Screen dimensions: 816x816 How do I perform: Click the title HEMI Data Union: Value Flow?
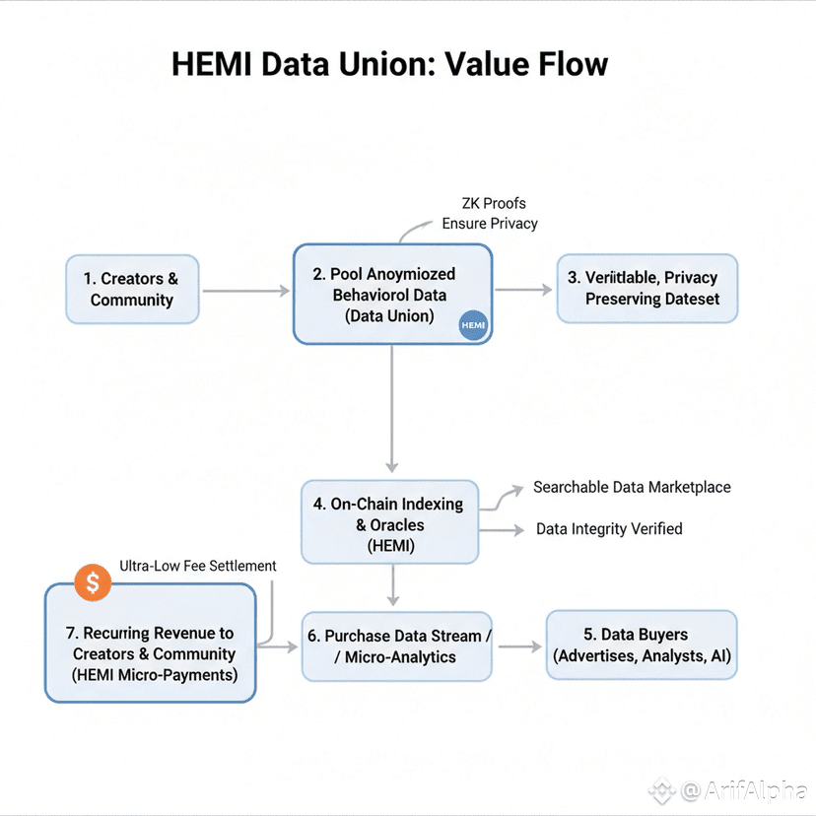coord(389,65)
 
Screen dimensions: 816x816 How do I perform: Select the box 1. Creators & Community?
coord(133,290)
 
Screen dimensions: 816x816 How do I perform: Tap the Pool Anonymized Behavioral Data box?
coord(392,294)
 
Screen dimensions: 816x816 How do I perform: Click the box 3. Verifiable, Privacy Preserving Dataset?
coord(646,288)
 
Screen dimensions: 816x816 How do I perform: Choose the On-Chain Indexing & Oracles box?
coord(389,522)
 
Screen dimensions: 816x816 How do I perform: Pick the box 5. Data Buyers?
coord(642,645)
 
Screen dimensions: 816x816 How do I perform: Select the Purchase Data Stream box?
coord(396,646)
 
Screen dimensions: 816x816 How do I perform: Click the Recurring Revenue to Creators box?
coord(151,653)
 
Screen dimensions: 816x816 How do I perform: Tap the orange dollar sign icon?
coord(93,582)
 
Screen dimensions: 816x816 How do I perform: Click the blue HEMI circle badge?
coord(474,326)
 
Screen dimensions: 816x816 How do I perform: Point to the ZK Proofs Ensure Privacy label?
coord(490,214)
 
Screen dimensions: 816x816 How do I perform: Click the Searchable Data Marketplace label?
coord(632,487)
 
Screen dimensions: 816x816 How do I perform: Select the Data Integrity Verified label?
coord(609,529)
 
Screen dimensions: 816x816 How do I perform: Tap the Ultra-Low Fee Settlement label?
coord(198,566)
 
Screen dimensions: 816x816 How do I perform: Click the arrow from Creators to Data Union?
coord(245,291)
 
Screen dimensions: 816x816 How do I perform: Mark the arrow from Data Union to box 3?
coord(522,290)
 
